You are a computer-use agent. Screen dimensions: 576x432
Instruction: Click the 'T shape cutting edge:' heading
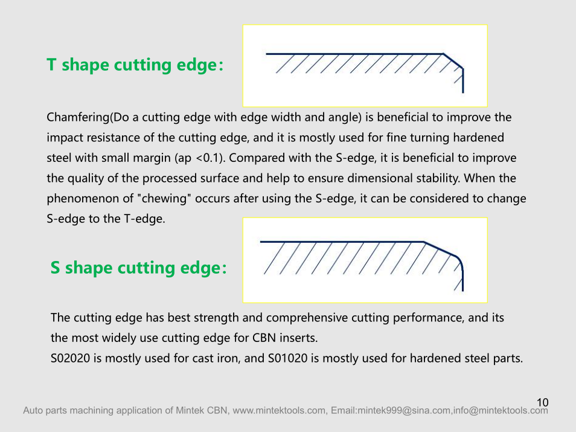click(x=135, y=65)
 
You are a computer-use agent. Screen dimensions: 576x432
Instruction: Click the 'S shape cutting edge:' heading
click(x=138, y=268)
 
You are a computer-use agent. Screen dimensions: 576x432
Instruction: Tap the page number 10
click(x=543, y=402)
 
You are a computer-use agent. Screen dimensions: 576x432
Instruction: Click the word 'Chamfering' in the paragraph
click(x=78, y=118)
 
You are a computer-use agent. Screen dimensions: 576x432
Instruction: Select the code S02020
click(x=70, y=358)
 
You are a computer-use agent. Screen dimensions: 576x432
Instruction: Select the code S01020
click(x=287, y=358)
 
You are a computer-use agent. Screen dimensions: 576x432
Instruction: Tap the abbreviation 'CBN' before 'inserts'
click(x=264, y=338)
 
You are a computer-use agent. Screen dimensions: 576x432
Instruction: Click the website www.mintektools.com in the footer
click(x=279, y=410)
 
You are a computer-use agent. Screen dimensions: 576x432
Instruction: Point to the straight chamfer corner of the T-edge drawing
click(x=453, y=60)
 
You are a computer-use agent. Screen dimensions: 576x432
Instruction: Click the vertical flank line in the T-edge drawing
click(x=462, y=80)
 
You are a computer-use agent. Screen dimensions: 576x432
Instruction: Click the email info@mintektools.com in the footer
click(x=500, y=410)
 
